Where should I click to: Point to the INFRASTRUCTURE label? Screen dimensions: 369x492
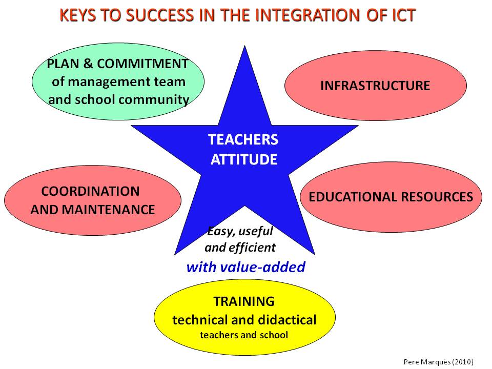(375, 86)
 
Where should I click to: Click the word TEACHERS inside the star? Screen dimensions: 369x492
(243, 139)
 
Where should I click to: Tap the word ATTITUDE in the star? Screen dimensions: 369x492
(244, 159)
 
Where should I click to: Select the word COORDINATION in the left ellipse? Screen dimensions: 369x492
(90, 191)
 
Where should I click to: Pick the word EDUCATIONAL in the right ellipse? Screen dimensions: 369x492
(348, 197)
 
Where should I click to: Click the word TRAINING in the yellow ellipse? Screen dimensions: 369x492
(244, 301)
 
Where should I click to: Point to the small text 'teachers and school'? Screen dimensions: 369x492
(244, 335)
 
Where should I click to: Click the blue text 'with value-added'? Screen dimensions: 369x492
(245, 267)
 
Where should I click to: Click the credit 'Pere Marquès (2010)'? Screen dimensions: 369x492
(438, 361)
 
